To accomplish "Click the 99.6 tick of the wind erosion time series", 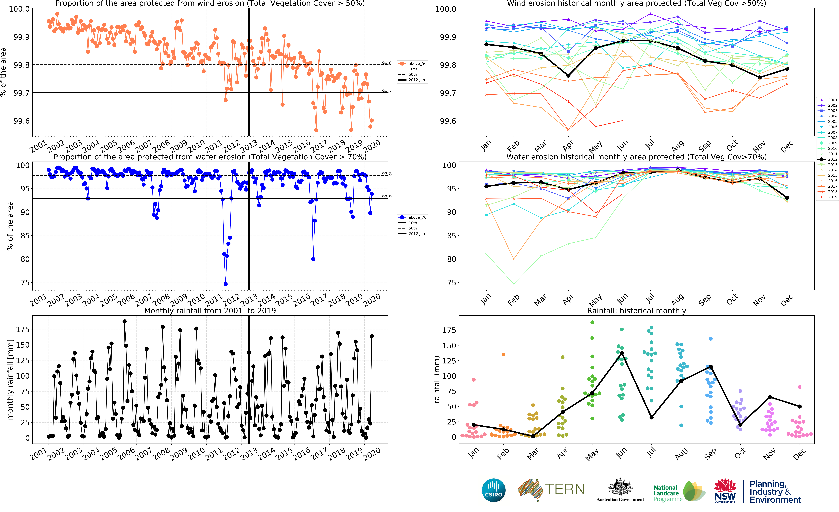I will (21, 121).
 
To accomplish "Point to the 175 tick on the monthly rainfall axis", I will (22, 329).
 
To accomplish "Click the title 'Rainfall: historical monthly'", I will (636, 311).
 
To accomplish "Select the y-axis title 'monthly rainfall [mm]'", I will (10, 379).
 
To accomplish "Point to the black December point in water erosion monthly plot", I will (787, 198).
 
